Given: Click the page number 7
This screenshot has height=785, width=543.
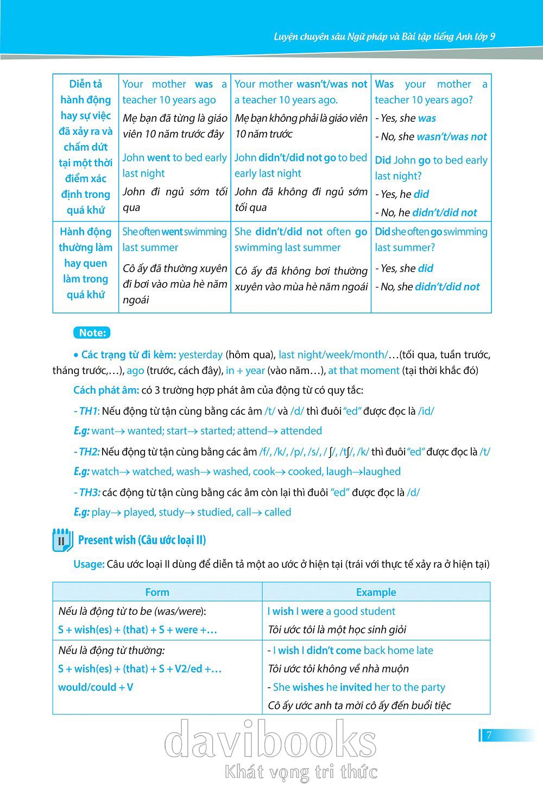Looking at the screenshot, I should (489, 736).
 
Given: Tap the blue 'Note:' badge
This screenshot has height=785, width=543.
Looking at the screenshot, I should (92, 333).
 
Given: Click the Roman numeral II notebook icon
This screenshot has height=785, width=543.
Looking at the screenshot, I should (62, 540).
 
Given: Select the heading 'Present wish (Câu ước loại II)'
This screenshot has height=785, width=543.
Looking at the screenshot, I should (142, 540).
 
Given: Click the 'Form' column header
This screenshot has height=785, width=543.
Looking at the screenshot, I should (157, 592).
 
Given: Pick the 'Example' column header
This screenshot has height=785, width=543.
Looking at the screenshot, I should (376, 592).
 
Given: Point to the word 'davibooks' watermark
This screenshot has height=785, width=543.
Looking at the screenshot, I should (270, 740).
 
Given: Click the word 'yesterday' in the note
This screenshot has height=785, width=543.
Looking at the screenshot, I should (200, 354).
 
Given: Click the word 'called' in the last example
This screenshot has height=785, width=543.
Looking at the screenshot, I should (277, 512).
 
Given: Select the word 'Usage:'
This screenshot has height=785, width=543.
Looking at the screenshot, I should (89, 564).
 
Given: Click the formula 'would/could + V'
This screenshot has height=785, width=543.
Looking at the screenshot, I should (96, 687).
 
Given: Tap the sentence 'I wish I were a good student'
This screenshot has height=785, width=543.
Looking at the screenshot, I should (331, 611).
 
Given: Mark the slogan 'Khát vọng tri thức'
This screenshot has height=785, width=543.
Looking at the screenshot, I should (301, 771).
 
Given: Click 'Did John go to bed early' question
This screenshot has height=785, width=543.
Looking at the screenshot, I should (431, 160).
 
